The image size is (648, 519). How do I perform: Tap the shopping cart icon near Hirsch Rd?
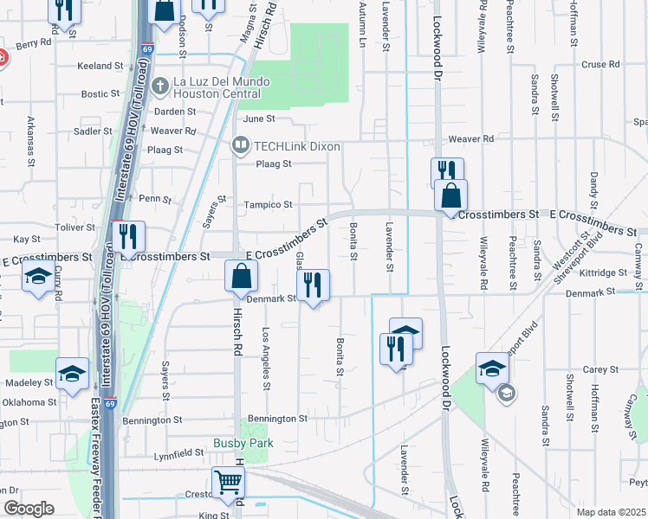228,480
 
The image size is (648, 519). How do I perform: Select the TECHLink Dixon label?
285,146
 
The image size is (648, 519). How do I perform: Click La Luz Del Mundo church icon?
160,86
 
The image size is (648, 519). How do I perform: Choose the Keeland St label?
101,66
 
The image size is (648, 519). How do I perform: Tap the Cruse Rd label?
600,64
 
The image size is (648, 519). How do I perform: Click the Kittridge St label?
604,272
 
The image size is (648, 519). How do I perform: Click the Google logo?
29,509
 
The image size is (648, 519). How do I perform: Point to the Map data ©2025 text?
611,512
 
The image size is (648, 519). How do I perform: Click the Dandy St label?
594,188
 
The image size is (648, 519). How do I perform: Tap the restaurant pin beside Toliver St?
127,234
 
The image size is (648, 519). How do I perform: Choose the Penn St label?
156,198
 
